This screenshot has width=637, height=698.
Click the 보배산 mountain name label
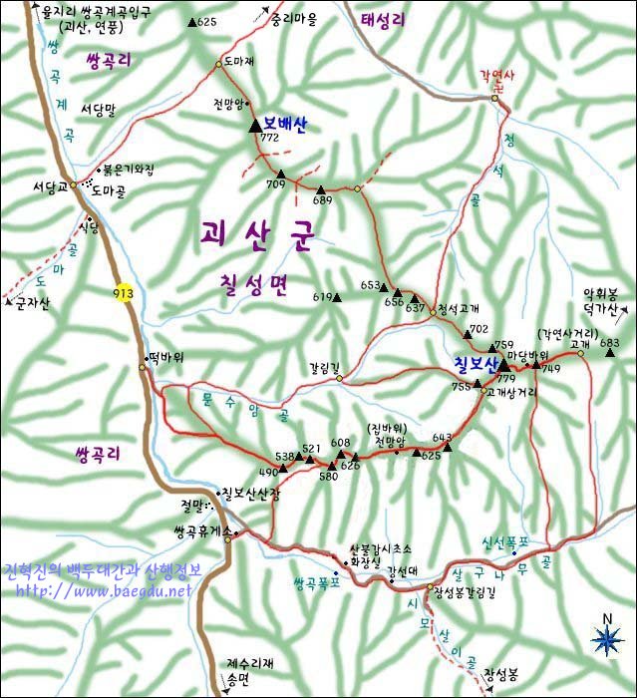pos(285,124)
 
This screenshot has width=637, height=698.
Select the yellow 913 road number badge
pos(123,293)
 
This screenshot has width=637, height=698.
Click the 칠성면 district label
pos(253,287)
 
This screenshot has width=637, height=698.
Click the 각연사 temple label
pos(497,75)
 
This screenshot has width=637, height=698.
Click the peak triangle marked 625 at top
pos(192,21)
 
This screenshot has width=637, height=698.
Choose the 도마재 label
pos(240,61)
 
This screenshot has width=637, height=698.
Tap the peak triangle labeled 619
pos(337,296)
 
